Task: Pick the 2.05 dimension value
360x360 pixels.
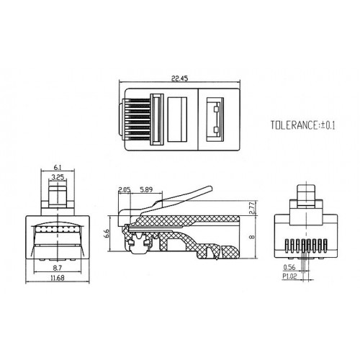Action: coord(125,189)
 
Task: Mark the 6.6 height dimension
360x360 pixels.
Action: coord(107,233)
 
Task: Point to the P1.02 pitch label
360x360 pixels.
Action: coord(289,274)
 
